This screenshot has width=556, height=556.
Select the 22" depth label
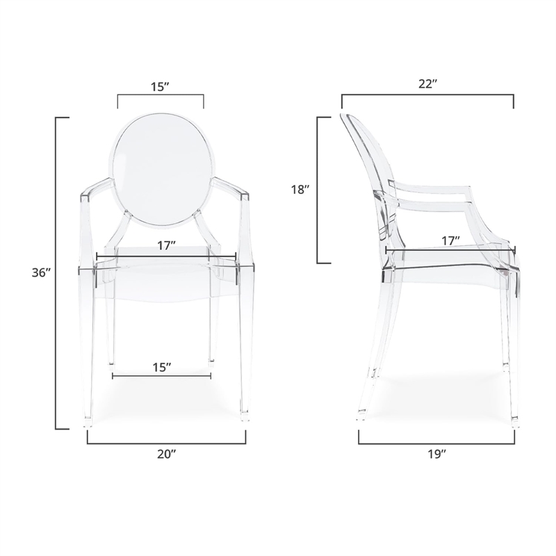click(427, 84)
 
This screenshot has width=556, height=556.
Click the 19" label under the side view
click(436, 453)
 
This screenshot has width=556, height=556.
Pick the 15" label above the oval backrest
click(160, 87)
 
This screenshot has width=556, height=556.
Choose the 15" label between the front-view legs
click(161, 367)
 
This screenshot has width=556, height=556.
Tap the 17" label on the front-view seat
click(165, 245)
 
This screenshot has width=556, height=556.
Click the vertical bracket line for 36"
click(56, 273)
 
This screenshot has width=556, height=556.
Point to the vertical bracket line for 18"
click(318, 190)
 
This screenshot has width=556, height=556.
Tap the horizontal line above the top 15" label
click(160, 96)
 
